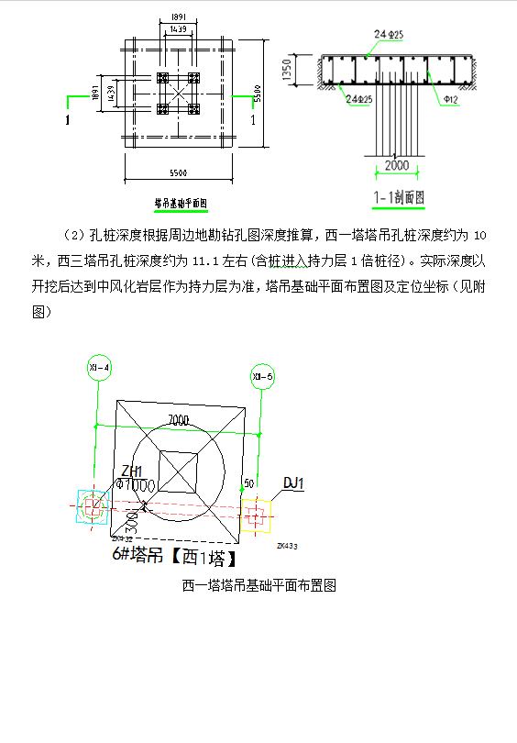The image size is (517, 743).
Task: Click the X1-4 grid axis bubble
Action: point(98,368)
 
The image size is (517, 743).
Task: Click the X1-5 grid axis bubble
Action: point(262,375)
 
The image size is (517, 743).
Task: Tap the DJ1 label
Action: point(294,483)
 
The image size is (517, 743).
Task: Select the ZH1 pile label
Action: point(131,471)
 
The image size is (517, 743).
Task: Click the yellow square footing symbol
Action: point(256,516)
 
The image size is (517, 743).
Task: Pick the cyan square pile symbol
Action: point(93,506)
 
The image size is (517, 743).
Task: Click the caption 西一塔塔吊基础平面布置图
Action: point(259,585)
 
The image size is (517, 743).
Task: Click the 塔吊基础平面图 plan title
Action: point(180,202)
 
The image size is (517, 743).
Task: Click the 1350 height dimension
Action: point(313,72)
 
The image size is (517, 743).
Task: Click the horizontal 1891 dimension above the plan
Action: point(178,17)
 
